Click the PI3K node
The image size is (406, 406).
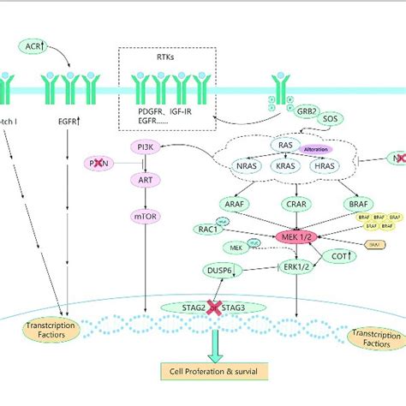click(151, 150)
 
